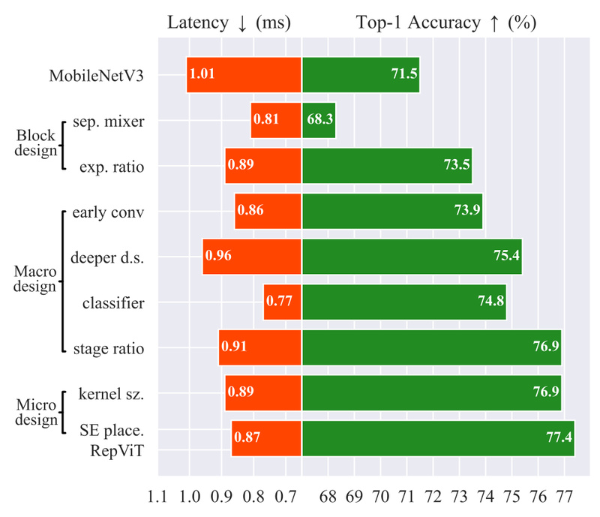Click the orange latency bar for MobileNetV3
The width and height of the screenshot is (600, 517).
pos(244,75)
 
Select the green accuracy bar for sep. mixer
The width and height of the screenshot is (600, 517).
pos(319,120)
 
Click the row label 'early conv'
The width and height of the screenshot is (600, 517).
pos(108,212)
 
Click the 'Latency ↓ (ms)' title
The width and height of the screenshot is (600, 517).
pos(228,23)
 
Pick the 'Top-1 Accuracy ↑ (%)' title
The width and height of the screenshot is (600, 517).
pos(446,23)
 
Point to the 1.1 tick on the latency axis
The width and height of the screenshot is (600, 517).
pos(158,497)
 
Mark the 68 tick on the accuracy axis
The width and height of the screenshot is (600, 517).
pos(328,497)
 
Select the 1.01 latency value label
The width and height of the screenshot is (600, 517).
pos(204,75)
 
